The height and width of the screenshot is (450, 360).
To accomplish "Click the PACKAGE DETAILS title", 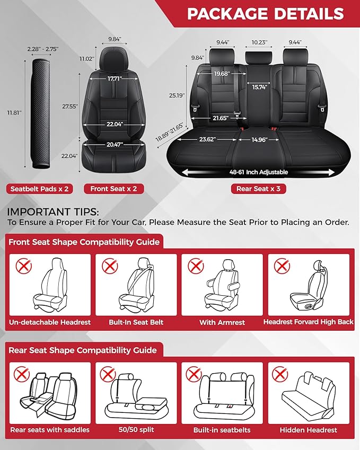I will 265,14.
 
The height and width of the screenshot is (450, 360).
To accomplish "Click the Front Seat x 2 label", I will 113,189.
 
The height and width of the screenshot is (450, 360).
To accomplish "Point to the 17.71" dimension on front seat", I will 113,78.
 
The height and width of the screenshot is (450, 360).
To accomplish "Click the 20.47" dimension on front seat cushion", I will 113,144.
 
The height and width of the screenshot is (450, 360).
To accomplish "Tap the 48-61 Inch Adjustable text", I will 258,172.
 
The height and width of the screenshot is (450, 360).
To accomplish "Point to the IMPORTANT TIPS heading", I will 49,212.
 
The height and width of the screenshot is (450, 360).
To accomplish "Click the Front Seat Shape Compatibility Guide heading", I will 84,242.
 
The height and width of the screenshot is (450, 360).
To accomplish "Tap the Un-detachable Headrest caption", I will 49,322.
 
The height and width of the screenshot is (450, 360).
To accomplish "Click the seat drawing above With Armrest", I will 223,286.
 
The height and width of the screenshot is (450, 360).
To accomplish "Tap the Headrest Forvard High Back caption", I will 308,322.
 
